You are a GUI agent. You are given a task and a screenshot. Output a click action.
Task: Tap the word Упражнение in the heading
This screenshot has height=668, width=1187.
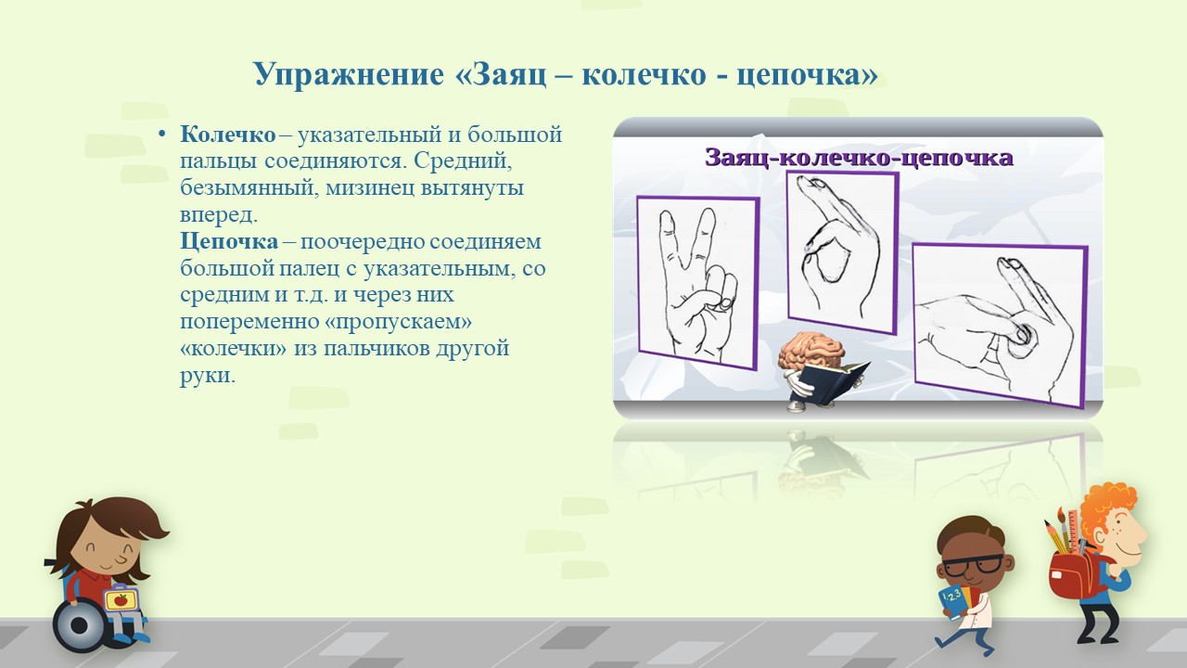pos(349,75)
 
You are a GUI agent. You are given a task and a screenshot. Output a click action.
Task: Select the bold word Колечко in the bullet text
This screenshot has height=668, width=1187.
pos(228,135)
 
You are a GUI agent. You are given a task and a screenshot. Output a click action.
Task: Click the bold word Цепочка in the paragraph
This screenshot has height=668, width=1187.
pos(229,241)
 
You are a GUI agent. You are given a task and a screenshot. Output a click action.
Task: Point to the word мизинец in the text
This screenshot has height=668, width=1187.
pos(369,188)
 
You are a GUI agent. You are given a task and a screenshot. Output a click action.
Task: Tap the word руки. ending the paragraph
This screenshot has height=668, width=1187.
pos(208,376)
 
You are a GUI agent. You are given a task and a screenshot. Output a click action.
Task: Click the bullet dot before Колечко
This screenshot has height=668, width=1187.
pos(162,134)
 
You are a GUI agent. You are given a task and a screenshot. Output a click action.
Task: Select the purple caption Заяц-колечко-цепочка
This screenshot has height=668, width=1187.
pos(859,158)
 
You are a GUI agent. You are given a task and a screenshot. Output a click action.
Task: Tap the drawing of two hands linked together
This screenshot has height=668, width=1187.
pos(1000,325)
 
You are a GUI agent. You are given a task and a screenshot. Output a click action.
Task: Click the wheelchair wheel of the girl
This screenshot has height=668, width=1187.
pos(80,626)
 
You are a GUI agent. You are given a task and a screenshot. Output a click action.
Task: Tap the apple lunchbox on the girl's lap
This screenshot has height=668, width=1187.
pos(121,598)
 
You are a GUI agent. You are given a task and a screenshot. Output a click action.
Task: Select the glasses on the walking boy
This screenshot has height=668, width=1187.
pos(973,566)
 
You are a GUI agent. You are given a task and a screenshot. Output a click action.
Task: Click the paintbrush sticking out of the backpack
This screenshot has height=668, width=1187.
pos(1064,530)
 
